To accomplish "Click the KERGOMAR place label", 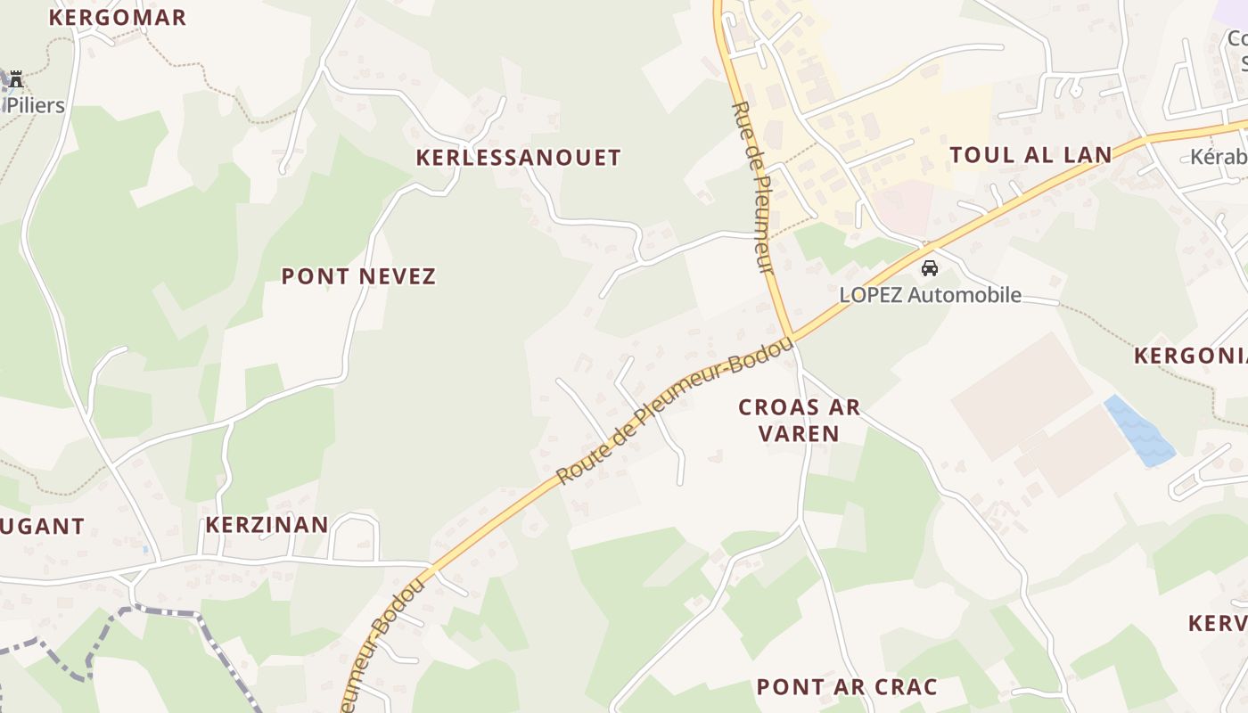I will pos(117,17).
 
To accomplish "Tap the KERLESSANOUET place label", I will pos(518,158).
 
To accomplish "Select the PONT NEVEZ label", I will pos(358,276).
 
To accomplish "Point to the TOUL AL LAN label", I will pos(1030,155).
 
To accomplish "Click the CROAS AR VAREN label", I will pos(800,421).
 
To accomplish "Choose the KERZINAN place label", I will pos(267,524).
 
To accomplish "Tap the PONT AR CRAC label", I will pos(846,686).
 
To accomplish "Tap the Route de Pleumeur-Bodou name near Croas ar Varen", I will pos(674,412).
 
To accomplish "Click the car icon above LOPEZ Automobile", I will pos(929,267).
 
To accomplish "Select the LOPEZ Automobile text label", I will pos(930,295).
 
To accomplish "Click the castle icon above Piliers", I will pos(15,79).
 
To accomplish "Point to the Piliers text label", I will pos(36,105).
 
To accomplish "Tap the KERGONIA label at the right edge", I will pos(1190,356).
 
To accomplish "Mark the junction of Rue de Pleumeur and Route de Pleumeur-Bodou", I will pos(790,337).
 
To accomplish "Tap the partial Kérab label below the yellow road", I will pos(1219,157).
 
